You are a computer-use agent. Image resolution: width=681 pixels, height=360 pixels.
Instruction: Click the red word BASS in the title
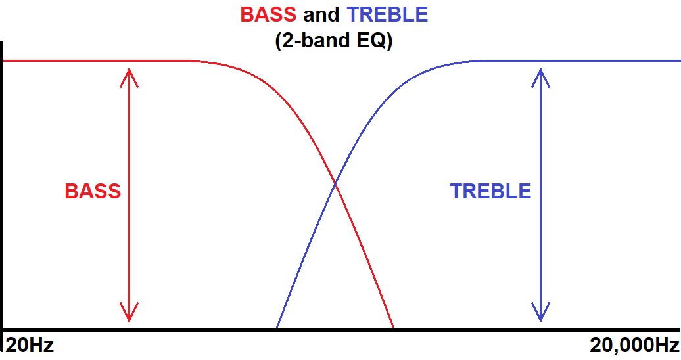(x=268, y=14)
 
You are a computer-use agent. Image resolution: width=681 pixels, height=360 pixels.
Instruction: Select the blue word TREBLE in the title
(x=387, y=14)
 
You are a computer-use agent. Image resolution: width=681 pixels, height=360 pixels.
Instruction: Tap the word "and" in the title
(x=321, y=14)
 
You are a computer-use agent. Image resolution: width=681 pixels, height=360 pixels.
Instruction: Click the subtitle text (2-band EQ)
(x=333, y=40)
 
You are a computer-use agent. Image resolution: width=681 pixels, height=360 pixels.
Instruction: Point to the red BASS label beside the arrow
(x=93, y=191)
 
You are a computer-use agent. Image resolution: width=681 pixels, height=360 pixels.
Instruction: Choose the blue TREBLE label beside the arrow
(x=491, y=191)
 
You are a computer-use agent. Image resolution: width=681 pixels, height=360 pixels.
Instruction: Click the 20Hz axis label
(x=30, y=346)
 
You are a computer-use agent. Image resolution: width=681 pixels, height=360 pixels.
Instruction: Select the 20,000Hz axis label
(x=634, y=346)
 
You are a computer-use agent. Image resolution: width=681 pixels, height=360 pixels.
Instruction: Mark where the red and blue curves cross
(x=335, y=185)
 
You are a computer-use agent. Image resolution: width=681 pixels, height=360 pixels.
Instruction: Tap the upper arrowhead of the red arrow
(x=129, y=77)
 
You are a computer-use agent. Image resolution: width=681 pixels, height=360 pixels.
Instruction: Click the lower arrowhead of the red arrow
(x=129, y=312)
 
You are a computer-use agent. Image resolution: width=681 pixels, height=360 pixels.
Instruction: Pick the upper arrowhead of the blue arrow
(x=541, y=77)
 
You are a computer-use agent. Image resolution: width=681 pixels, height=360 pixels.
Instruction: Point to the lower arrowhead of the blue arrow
(x=541, y=312)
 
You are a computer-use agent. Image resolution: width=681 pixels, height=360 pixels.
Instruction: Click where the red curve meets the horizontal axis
(x=393, y=328)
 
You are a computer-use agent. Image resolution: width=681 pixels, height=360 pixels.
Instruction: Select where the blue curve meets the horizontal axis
(x=277, y=328)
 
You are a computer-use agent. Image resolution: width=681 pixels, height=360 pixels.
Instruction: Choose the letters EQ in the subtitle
(x=371, y=40)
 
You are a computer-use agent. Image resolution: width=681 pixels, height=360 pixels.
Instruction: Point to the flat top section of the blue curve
(x=580, y=60)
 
